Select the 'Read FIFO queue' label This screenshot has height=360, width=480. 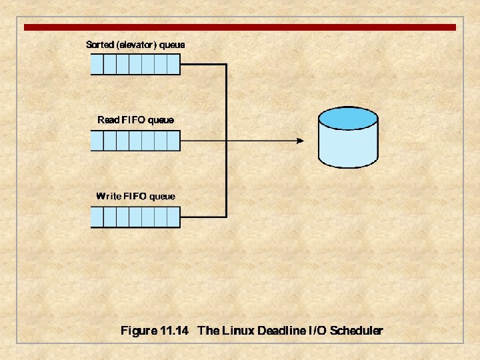(135, 120)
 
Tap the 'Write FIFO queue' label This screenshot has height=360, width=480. (135, 196)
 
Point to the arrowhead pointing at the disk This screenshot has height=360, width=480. (299, 141)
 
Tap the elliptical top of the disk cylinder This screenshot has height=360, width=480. (348, 118)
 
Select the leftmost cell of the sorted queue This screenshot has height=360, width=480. (97, 65)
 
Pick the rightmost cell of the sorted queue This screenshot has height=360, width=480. (173, 65)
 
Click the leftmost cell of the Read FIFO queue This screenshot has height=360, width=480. (97, 141)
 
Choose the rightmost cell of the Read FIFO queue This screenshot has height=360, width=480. (173, 141)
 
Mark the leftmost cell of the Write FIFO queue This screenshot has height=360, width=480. (97, 217)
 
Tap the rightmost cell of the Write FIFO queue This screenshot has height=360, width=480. (173, 217)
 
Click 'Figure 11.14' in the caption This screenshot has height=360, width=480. (155, 331)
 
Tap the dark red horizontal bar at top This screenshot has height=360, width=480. (240, 27)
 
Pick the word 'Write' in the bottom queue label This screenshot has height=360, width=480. (109, 196)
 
